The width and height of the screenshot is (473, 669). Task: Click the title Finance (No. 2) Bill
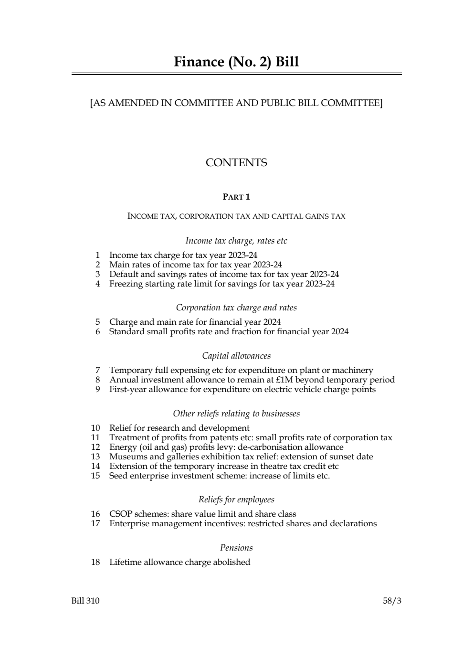(236, 62)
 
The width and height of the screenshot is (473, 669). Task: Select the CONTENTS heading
(236, 163)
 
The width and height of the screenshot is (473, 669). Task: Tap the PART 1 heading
(236, 197)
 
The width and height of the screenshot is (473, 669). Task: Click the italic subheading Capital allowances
(236, 356)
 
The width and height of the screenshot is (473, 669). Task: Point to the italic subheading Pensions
(236, 548)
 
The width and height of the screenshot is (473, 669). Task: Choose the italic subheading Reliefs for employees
(236, 499)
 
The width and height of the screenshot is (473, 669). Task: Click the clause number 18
(95, 562)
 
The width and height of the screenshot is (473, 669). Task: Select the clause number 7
(97, 370)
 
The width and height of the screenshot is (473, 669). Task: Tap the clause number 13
(95, 457)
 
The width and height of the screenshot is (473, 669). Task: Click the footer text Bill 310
(85, 601)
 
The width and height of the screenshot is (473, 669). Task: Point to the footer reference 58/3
(392, 601)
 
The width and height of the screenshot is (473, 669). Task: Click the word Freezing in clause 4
(126, 284)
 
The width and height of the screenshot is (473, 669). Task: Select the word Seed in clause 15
(118, 476)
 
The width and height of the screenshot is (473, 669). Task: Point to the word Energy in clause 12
(123, 447)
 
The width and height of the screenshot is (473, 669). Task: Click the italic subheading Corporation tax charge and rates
(236, 308)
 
